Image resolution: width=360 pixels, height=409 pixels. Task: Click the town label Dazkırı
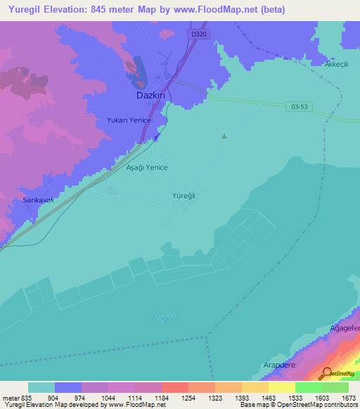coord(150,95)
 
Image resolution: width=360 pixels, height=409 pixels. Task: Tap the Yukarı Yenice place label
coord(129,120)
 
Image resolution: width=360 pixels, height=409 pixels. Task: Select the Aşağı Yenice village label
coord(146,169)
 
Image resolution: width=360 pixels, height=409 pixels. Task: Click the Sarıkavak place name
coord(33,200)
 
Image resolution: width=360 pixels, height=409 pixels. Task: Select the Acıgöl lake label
coord(162,318)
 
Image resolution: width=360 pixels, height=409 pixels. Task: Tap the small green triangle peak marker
coord(224,136)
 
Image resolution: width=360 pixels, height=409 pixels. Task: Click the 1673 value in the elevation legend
coord(348,397)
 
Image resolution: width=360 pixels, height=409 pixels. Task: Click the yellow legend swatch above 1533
coord(281,387)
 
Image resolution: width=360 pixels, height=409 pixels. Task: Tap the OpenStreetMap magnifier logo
coord(328,373)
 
